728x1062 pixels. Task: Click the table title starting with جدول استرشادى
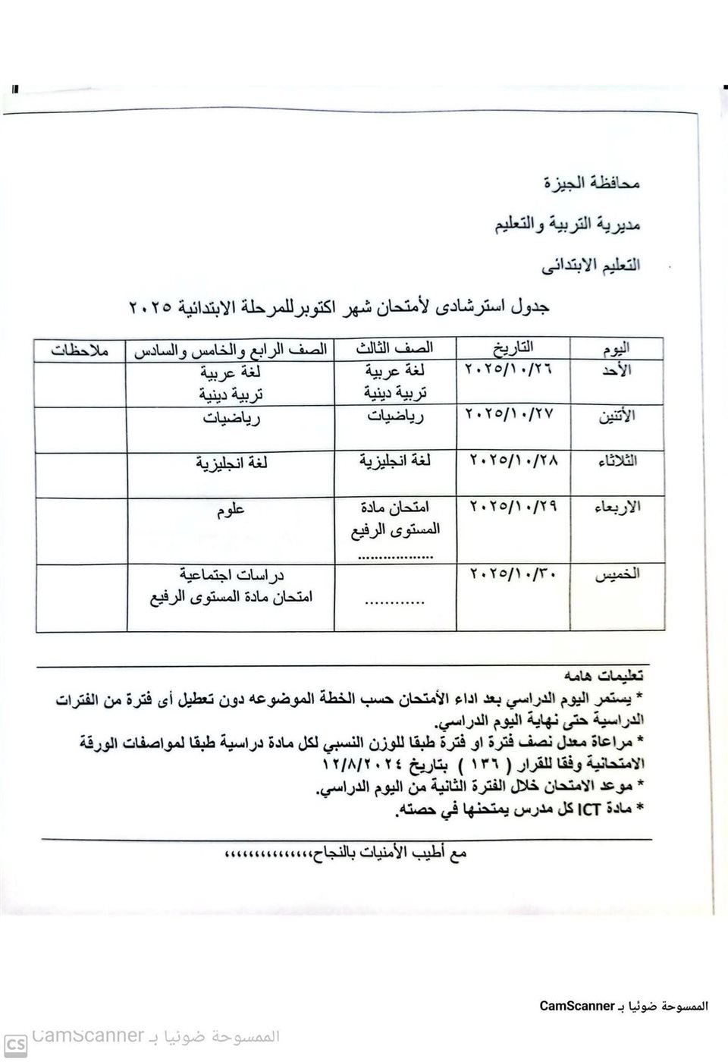(x=338, y=307)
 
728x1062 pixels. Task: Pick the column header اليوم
(x=616, y=349)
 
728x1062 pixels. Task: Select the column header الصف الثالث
(x=395, y=347)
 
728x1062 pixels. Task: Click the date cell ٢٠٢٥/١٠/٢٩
(x=513, y=505)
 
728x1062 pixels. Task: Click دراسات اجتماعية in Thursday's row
(x=231, y=576)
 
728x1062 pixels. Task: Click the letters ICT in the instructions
(x=588, y=809)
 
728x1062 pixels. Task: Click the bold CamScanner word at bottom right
(x=576, y=1007)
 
